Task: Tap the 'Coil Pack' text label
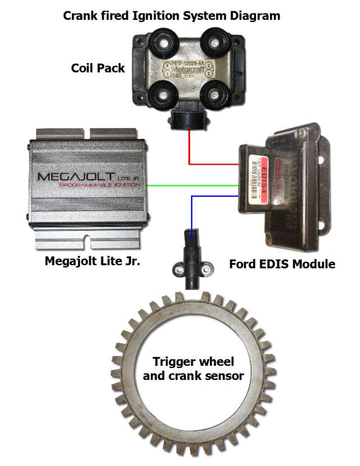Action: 98,69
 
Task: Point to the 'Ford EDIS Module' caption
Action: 282,263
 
